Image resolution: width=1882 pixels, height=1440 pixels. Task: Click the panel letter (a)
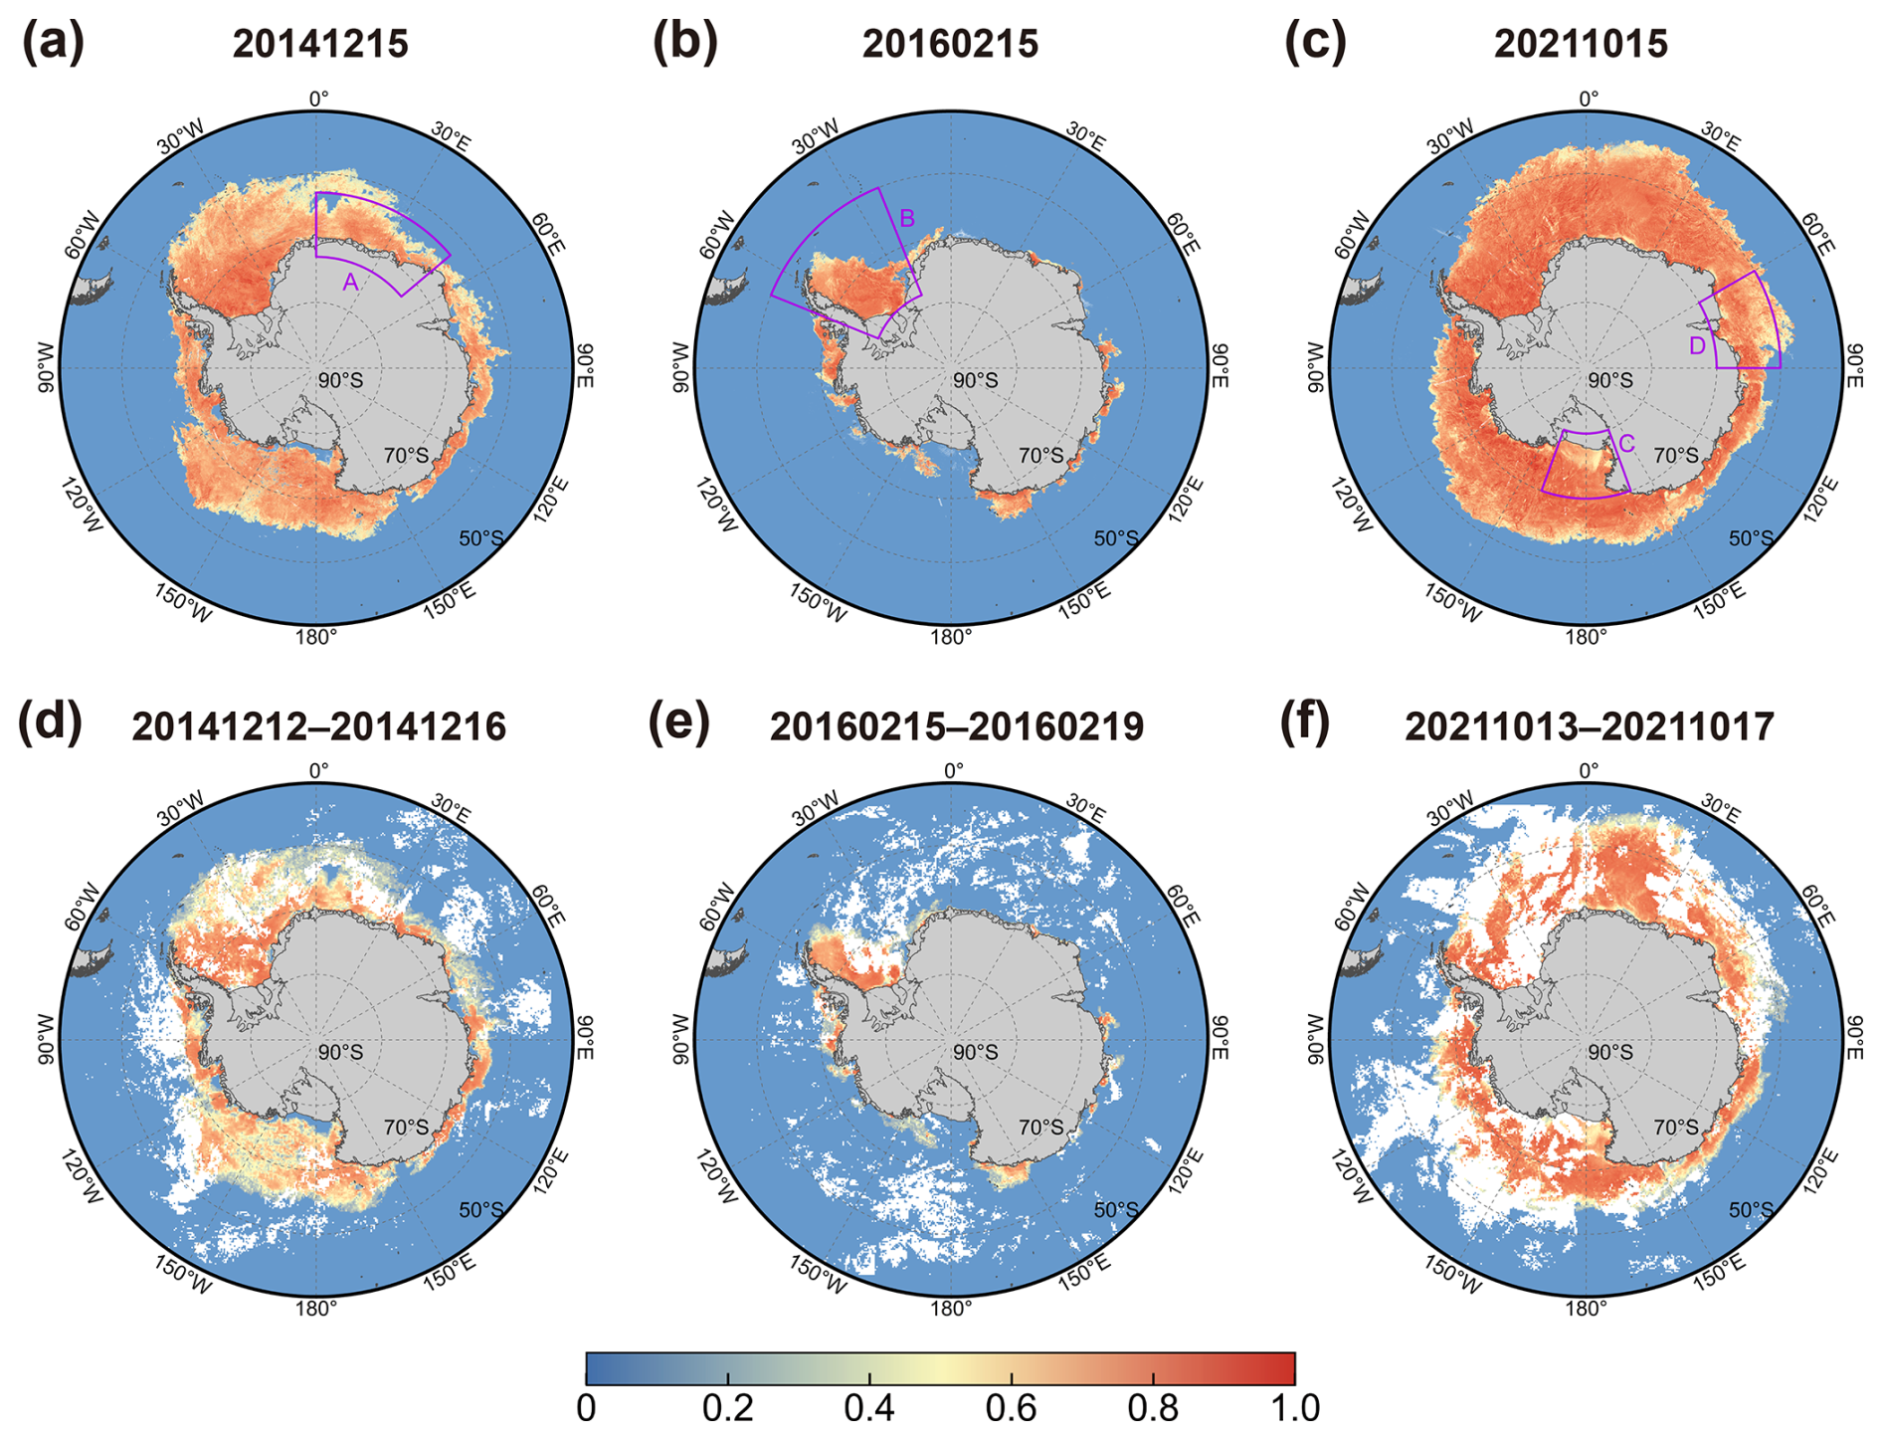click(53, 44)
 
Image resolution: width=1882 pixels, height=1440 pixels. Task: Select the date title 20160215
click(950, 45)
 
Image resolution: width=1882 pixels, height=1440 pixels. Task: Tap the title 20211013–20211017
click(1589, 726)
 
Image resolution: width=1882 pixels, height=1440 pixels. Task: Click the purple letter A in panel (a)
click(350, 283)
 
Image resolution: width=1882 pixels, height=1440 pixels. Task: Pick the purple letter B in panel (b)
click(907, 218)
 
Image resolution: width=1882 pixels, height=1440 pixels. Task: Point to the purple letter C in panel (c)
click(1626, 444)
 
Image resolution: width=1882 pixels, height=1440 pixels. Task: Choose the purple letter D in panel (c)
click(1698, 346)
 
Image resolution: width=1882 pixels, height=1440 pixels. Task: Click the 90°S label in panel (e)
click(975, 1052)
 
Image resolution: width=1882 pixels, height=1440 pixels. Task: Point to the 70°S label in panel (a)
click(406, 456)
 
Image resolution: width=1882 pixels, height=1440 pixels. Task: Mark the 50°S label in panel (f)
click(1751, 1210)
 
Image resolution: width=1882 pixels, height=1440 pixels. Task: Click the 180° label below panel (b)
click(951, 638)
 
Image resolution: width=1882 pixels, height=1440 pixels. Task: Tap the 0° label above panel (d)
click(318, 771)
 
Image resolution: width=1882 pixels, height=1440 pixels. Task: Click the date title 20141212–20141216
click(318, 726)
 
